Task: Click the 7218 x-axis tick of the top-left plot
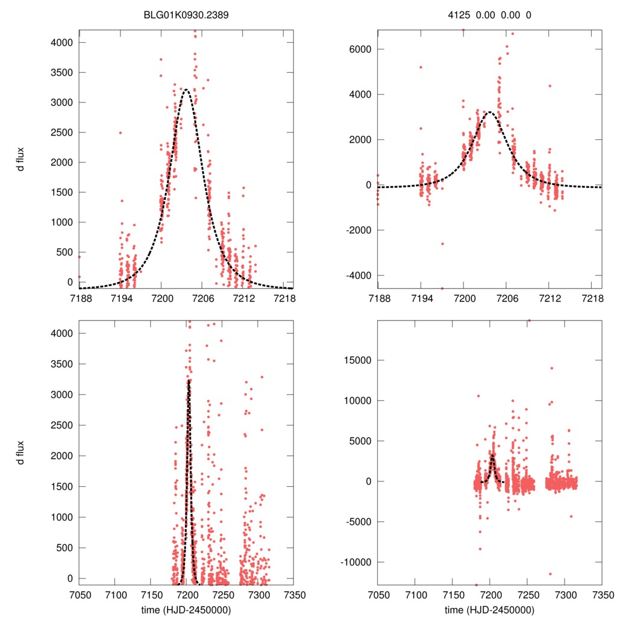tap(284, 298)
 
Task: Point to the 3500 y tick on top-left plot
tap(64, 72)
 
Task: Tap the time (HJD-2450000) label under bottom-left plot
tap(186, 609)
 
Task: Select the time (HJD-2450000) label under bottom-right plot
tap(489, 609)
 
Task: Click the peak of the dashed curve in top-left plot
tap(186, 90)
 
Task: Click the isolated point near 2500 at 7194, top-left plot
tap(120, 133)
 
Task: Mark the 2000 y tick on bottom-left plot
tap(64, 456)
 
